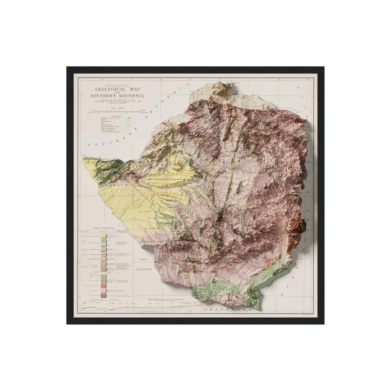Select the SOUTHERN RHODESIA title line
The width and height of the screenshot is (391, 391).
pyautogui.click(x=117, y=96)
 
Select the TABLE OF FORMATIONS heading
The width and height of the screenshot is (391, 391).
pyautogui.click(x=103, y=228)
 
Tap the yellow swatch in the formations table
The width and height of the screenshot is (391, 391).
pyautogui.click(x=104, y=236)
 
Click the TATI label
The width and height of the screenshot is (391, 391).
pyautogui.click(x=143, y=260)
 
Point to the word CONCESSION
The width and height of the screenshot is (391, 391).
pyautogui.click(x=144, y=270)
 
